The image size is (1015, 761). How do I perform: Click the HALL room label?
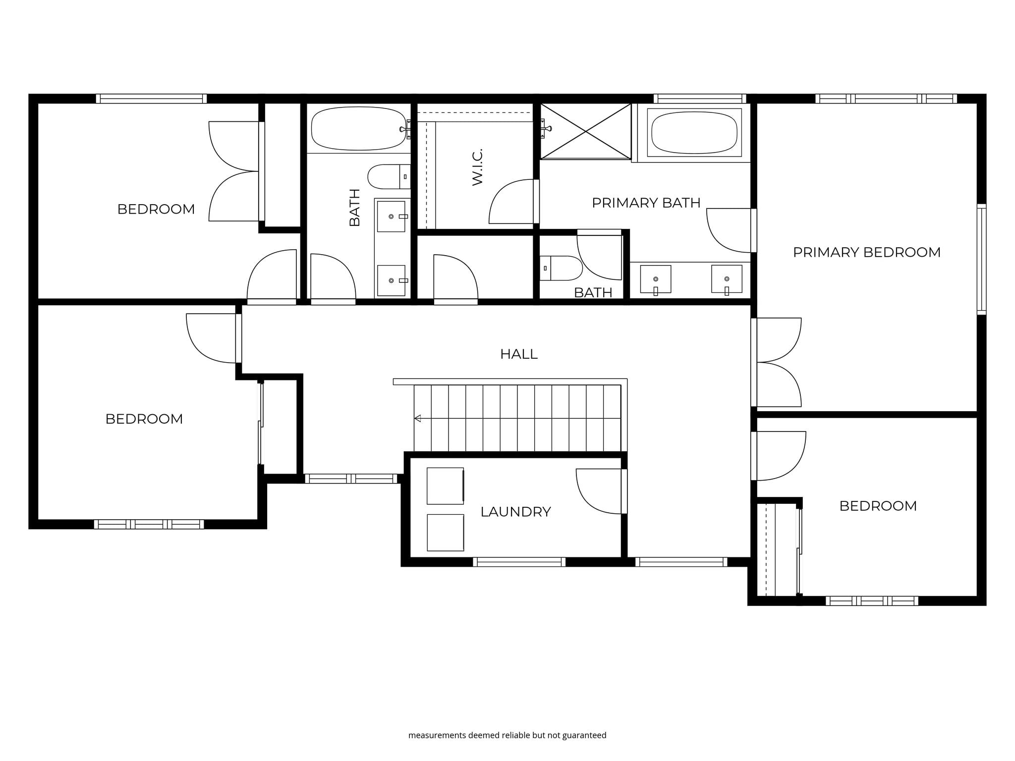click(x=518, y=354)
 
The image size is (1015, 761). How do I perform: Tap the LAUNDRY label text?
click(x=515, y=512)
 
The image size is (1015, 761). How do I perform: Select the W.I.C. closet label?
click(x=477, y=167)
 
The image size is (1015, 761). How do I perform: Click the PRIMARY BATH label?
click(x=646, y=203)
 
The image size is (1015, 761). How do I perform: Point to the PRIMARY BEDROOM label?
click(x=866, y=252)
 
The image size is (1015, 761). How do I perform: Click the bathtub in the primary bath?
click(x=694, y=133)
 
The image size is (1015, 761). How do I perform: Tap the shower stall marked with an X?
click(x=585, y=131)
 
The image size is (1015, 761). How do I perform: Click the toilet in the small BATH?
click(x=561, y=269)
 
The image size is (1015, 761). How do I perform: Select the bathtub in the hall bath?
click(x=358, y=129)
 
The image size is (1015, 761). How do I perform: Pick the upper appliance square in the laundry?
click(x=446, y=486)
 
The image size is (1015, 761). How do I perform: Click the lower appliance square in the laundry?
click(x=446, y=533)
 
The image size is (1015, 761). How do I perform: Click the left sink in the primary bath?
click(x=656, y=279)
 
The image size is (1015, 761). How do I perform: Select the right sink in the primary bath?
click(x=727, y=279)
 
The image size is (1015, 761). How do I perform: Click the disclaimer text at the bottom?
click(x=507, y=735)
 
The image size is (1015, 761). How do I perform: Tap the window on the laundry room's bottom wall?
click(x=519, y=562)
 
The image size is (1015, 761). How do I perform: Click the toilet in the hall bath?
click(x=389, y=177)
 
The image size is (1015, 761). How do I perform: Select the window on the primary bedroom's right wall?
click(x=981, y=259)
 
